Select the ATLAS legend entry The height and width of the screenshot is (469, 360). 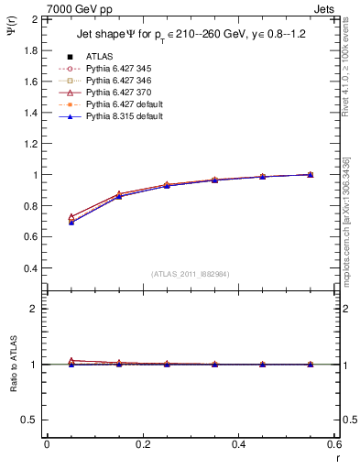pos(100,57)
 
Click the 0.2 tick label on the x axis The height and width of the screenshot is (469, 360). pos(142,444)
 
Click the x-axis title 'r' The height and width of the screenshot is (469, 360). pos(336,457)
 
